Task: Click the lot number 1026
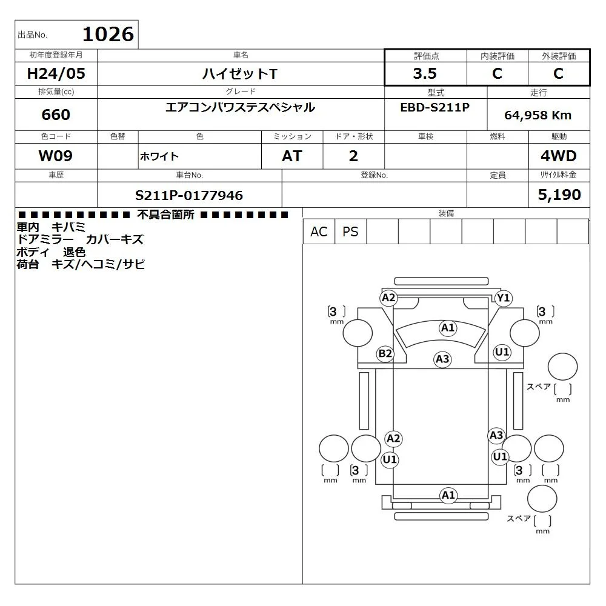(x=108, y=35)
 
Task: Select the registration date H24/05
(x=56, y=73)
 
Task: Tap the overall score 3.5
(x=425, y=73)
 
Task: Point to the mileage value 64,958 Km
(x=538, y=115)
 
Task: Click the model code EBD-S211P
(x=435, y=107)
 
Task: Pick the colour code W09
(x=56, y=156)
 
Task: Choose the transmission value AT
(x=292, y=156)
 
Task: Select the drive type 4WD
(x=559, y=156)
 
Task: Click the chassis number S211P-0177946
(x=189, y=196)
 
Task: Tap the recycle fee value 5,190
(x=559, y=195)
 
